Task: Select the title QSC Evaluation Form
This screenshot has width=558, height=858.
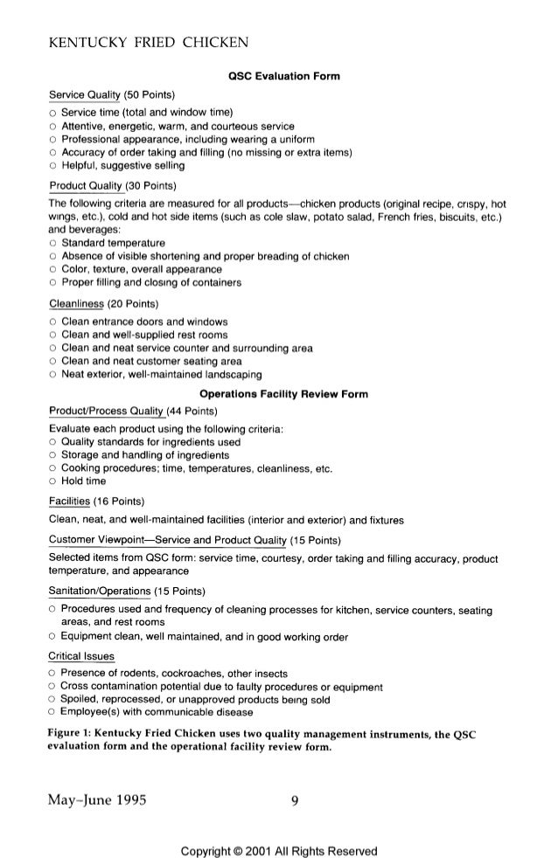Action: (x=279, y=78)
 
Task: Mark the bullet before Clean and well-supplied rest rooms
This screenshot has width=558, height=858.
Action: (x=52, y=336)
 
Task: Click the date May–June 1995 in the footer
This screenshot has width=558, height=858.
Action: (x=96, y=796)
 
